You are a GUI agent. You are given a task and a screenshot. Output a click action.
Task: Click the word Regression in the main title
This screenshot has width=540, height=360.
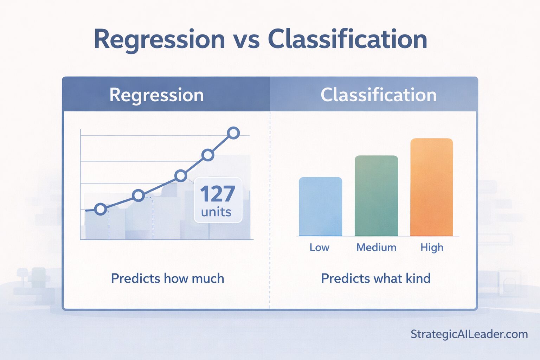coord(159,39)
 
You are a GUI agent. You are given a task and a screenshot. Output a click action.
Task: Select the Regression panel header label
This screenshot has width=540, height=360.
coord(156,95)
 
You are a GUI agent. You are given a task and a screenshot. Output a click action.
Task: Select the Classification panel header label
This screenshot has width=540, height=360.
coord(378,95)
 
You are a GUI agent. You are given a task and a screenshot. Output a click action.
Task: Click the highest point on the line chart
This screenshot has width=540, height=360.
coord(233,133)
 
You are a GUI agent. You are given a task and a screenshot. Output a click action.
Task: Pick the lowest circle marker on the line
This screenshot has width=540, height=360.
coord(101,209)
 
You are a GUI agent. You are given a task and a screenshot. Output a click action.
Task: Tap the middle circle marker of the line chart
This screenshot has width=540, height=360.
coord(181,175)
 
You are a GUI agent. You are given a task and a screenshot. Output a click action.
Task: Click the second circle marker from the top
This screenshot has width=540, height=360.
coord(208,155)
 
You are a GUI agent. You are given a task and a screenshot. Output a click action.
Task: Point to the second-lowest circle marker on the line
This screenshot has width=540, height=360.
coord(139,195)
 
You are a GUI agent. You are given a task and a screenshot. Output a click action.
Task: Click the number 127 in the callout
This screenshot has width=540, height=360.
coord(217,194)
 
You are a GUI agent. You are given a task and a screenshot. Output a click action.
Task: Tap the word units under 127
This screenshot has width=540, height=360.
coord(216,212)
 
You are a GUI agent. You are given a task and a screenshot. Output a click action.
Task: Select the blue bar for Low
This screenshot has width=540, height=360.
coord(320,206)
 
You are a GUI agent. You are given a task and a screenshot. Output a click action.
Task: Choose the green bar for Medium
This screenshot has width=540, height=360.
coord(376,196)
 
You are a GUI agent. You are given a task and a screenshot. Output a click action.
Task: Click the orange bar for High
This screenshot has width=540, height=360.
coord(431,187)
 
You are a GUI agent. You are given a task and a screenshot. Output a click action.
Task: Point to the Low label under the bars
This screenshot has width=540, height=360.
coord(319,247)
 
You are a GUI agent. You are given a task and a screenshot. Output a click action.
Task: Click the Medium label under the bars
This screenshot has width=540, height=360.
coord(376,247)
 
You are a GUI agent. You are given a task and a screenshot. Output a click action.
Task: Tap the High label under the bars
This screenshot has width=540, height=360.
coord(432,247)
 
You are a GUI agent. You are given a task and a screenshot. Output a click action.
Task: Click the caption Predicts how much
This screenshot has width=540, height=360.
coord(167,278)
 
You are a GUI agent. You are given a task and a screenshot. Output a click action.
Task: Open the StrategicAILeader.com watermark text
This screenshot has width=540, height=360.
coord(469,334)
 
